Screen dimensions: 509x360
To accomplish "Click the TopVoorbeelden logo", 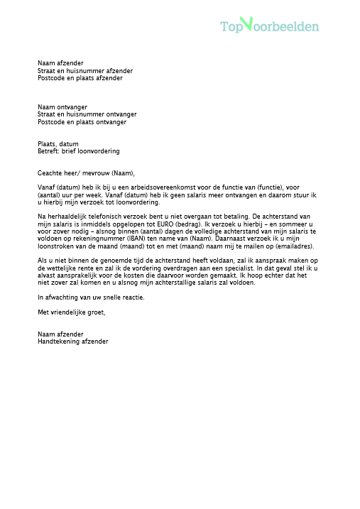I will click(269, 26).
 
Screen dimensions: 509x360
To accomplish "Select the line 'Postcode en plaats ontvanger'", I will click(82, 122).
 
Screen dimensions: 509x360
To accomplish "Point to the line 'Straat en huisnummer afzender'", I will click(85, 71).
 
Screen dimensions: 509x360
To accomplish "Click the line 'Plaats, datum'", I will click(58, 144).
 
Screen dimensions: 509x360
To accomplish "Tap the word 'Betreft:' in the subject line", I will click(49, 151).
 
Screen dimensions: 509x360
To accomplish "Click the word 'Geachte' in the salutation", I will click(50, 173).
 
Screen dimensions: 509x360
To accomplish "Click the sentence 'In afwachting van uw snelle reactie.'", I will click(91, 297).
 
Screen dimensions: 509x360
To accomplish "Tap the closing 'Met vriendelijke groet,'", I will click(72, 312).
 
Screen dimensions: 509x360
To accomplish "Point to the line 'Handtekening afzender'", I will click(73, 341).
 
